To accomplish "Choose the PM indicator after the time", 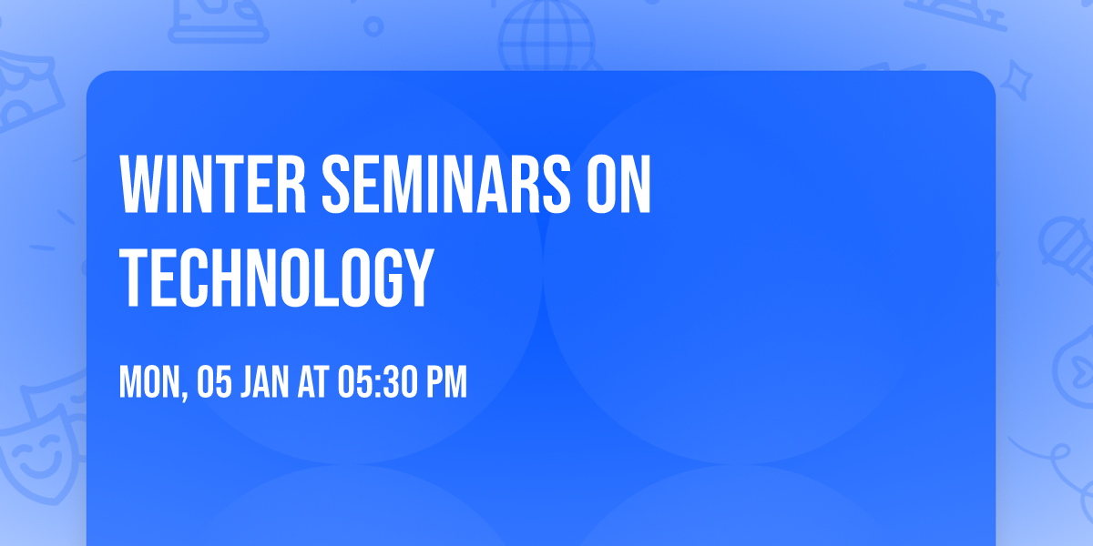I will pyautogui.click(x=445, y=382).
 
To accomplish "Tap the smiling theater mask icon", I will pyautogui.click(x=36, y=455).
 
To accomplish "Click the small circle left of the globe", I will pyautogui.click(x=373, y=26).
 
